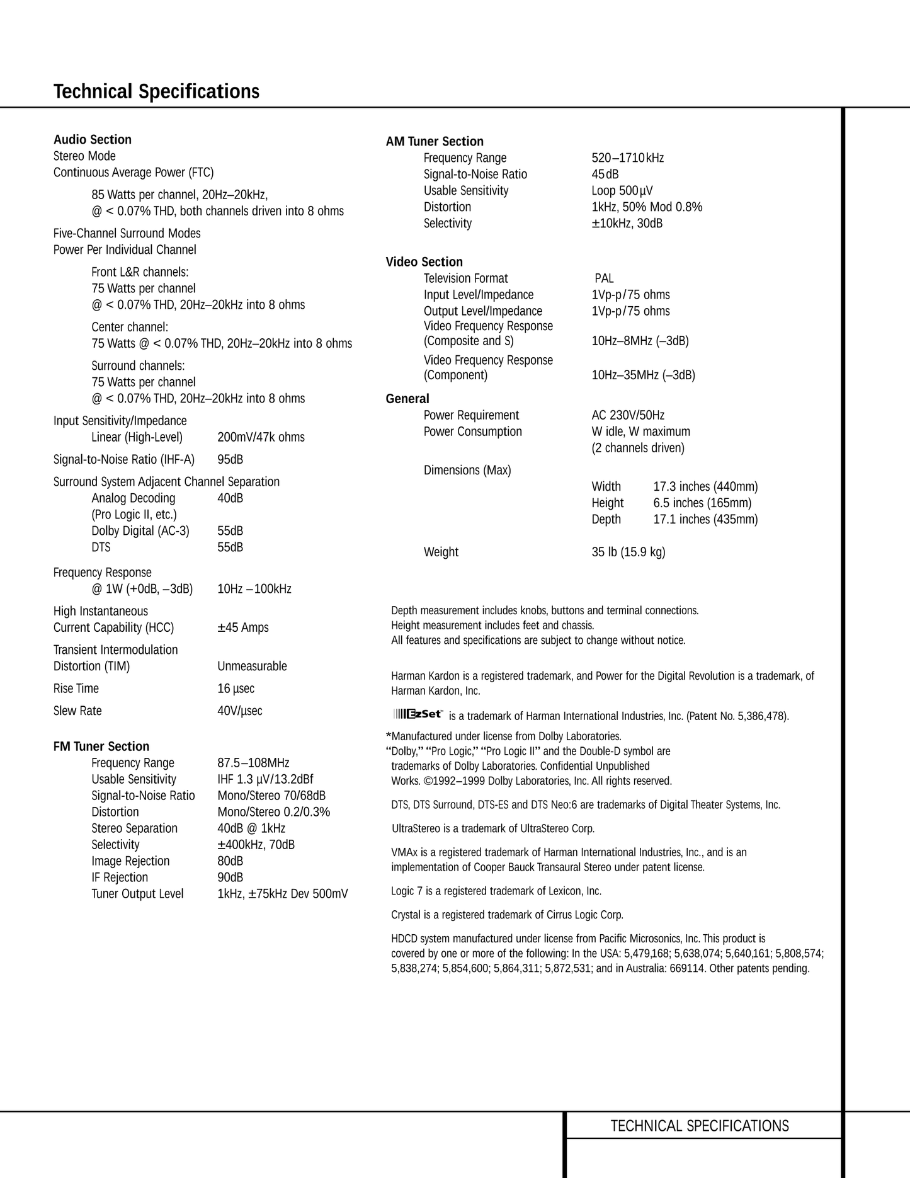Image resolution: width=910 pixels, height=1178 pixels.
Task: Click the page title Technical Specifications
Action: click(156, 92)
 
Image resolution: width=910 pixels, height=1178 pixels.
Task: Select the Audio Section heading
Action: click(93, 140)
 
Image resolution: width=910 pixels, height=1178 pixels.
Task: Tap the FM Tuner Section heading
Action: click(101, 746)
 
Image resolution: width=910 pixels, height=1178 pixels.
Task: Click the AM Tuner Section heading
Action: click(435, 142)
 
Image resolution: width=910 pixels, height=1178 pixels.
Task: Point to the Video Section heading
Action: click(424, 262)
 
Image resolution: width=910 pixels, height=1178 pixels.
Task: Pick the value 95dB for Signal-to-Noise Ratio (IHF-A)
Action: click(230, 460)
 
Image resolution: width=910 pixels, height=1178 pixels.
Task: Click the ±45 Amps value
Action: click(243, 627)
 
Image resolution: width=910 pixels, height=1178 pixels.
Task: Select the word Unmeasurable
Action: click(252, 666)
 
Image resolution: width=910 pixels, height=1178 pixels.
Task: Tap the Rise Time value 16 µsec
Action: click(236, 689)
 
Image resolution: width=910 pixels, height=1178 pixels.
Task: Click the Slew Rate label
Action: click(77, 711)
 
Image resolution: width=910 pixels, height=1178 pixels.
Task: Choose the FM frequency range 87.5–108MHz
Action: click(253, 763)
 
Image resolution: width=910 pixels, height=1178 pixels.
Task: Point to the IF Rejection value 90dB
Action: click(230, 878)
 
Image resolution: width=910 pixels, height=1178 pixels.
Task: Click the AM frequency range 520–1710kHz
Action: click(627, 158)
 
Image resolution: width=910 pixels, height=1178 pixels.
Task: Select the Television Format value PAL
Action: click(604, 278)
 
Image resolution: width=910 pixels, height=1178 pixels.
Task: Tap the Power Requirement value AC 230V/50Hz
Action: click(628, 415)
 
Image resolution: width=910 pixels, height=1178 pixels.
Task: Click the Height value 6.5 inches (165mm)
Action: click(702, 503)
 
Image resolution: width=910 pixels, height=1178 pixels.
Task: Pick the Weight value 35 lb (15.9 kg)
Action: click(628, 552)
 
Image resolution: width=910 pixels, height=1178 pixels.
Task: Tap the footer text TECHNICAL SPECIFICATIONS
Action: click(699, 1126)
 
